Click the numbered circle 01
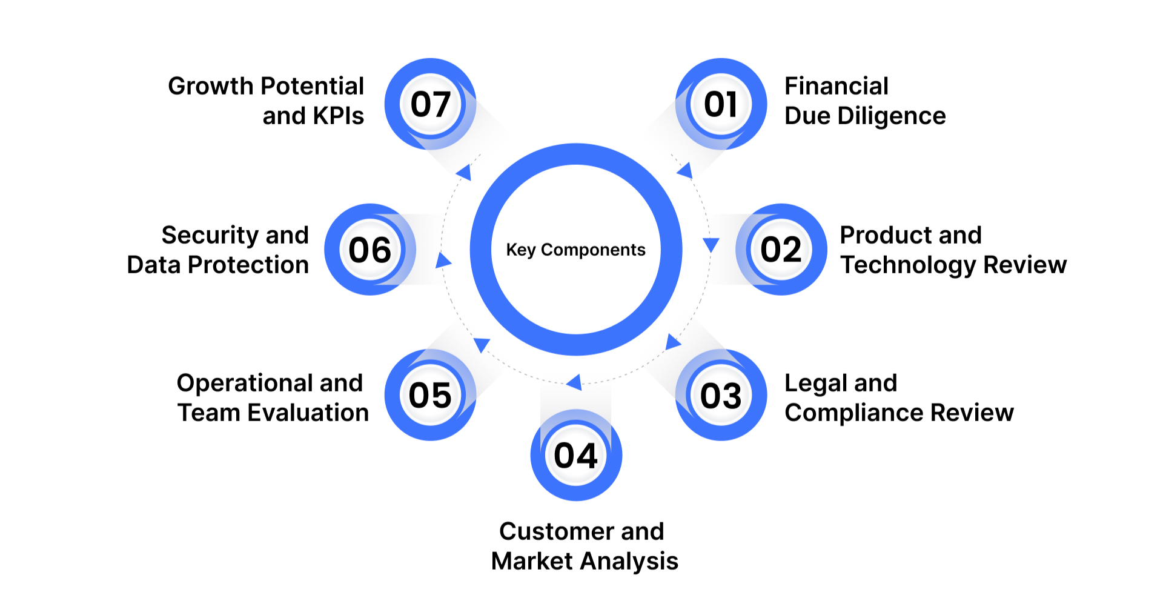(x=721, y=104)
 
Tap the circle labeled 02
(x=781, y=250)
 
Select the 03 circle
(x=721, y=396)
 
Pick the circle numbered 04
(x=576, y=456)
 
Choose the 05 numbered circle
(x=430, y=396)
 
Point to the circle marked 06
(x=370, y=250)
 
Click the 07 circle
(x=430, y=104)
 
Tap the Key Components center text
(x=575, y=250)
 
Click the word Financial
(x=836, y=86)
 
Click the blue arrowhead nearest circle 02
(x=711, y=244)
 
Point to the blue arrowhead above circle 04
(x=574, y=382)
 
